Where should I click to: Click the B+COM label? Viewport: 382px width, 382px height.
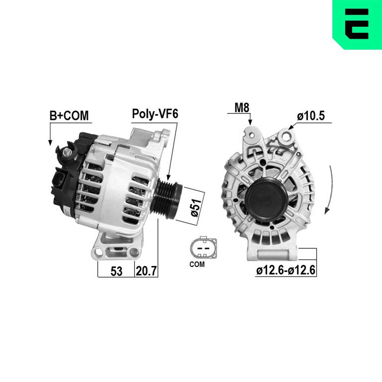(x=69, y=116)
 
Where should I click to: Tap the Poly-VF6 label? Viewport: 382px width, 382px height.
(x=155, y=114)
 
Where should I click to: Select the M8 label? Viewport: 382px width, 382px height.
(x=242, y=108)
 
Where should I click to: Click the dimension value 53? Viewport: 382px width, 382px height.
(x=116, y=271)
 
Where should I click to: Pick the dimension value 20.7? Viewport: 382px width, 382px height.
(x=146, y=271)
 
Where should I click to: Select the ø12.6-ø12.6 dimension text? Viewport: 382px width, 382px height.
(x=286, y=270)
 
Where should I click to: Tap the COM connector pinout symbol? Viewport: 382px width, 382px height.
(x=202, y=249)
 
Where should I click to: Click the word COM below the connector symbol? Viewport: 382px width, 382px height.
(x=197, y=264)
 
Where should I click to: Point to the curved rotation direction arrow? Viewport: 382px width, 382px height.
(x=329, y=191)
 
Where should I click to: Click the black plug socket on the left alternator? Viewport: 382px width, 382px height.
(x=60, y=180)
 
